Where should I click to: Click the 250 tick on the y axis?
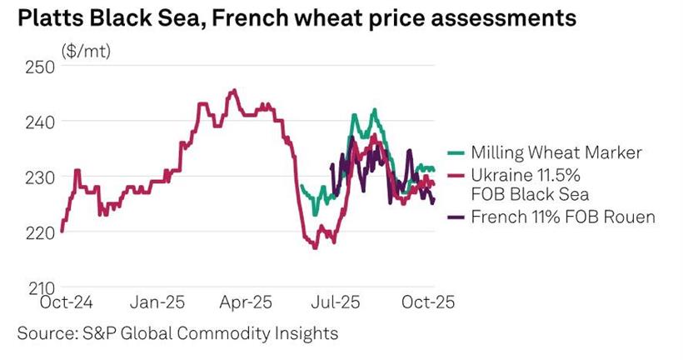coord(40,66)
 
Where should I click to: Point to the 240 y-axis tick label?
coord(40,122)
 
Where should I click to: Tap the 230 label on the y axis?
coord(40,177)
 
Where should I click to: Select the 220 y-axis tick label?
coord(40,232)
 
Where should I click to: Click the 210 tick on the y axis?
coord(40,287)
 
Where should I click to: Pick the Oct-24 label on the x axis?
coord(67,301)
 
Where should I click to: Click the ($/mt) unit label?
coord(86,50)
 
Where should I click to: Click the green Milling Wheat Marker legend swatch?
coord(456,152)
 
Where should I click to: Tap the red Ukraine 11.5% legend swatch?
coord(456,177)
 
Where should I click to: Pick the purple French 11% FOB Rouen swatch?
coord(456,217)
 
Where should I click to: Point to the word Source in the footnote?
coord(47,333)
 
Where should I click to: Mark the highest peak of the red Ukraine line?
coord(234,90)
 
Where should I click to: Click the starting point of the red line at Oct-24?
coord(62,231)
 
